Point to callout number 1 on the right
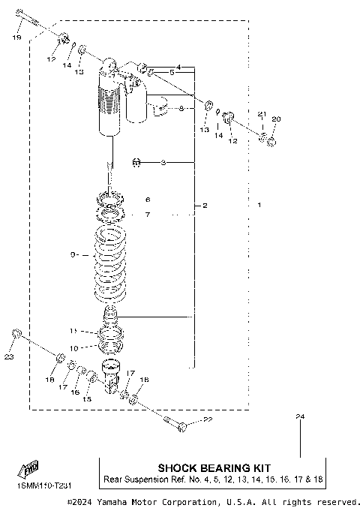click(x=259, y=205)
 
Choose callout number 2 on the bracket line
click(x=205, y=205)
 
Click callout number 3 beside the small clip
click(x=163, y=161)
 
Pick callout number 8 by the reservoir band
click(x=181, y=109)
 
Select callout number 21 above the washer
click(x=262, y=113)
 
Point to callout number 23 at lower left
click(x=9, y=357)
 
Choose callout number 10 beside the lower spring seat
click(x=73, y=348)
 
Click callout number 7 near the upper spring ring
click(x=148, y=215)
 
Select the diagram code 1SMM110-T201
click(x=38, y=487)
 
